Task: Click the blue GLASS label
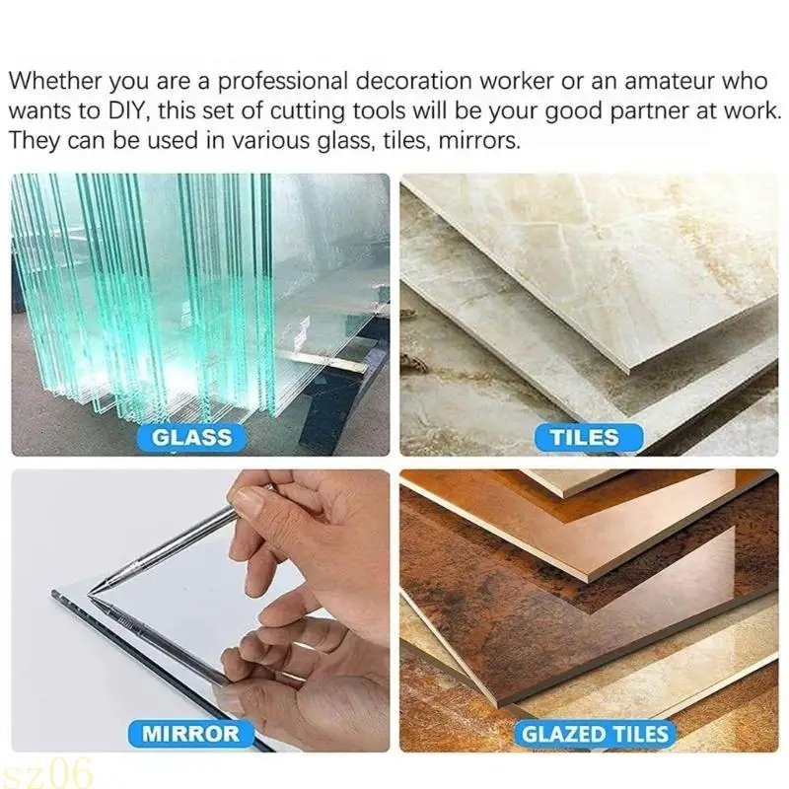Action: tap(192, 436)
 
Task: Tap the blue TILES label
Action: tap(583, 436)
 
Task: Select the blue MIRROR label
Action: tap(190, 732)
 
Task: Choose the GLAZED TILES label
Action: tap(596, 733)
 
